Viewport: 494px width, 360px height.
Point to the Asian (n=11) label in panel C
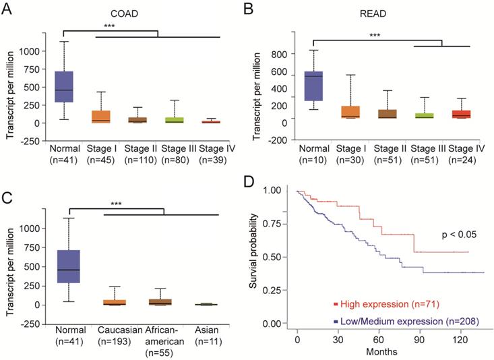[203, 338]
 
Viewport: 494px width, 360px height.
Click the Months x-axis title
[381, 351]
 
